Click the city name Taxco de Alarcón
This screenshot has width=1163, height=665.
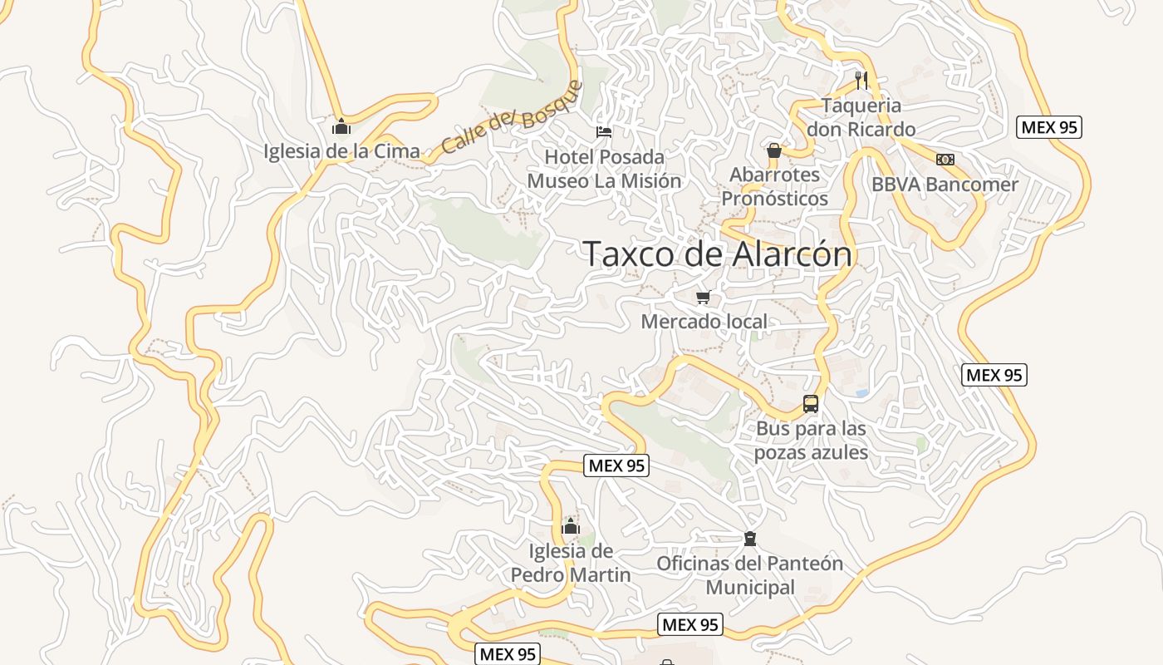718,254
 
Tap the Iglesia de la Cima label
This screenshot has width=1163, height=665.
341,151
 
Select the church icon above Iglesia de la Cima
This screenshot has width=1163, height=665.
341,126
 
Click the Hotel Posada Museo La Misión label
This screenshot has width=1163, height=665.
604,169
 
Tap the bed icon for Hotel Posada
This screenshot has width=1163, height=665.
604,131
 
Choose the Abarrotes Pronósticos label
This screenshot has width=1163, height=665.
774,187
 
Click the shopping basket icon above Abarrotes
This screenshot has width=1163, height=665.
774,150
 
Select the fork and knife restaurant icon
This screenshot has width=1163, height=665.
861,80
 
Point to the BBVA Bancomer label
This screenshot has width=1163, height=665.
945,185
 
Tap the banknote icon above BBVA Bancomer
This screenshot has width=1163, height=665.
945,160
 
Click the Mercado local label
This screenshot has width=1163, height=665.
704,322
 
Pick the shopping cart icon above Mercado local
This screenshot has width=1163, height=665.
704,297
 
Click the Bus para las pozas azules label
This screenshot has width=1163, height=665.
811,441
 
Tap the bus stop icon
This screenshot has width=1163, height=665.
811,405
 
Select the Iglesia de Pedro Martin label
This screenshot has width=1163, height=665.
571,563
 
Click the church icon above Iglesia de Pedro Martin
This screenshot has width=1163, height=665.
571,526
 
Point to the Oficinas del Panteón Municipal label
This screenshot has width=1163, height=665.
749,575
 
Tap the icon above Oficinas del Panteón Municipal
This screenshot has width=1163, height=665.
750,539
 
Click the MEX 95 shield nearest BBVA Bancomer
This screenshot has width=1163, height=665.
1049,127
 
